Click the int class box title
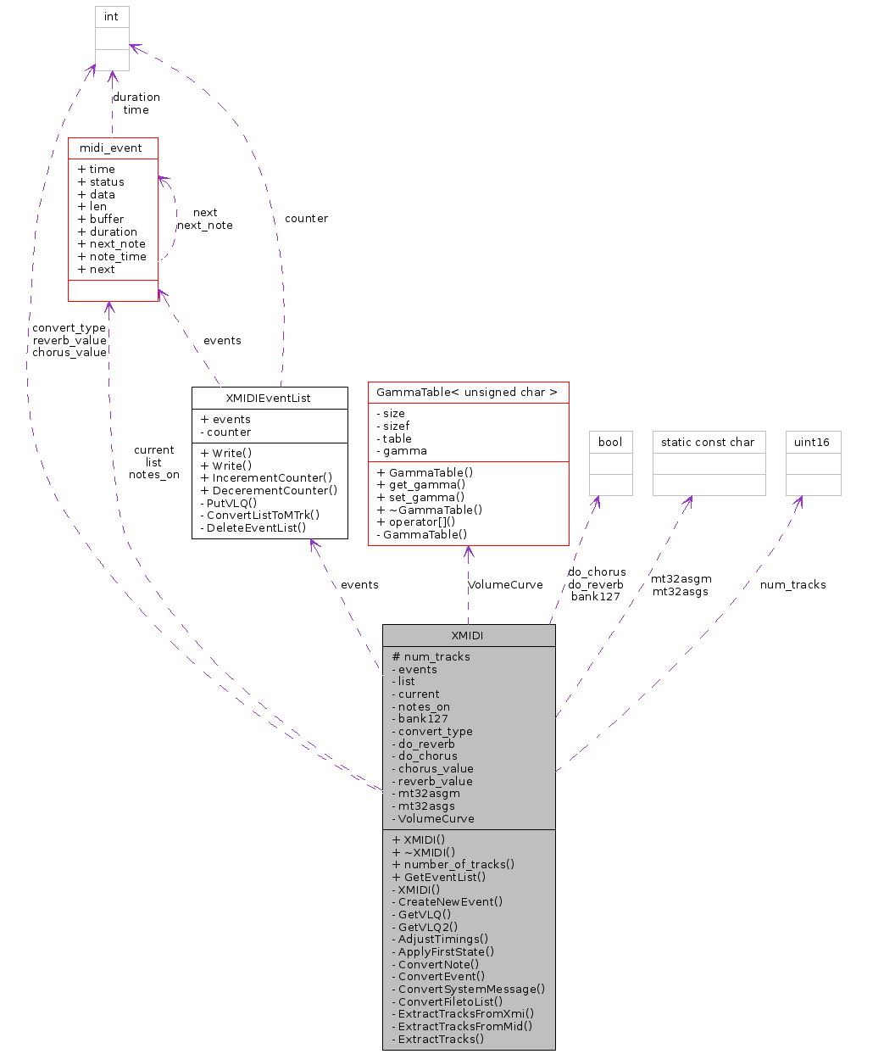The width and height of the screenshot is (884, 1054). (x=112, y=17)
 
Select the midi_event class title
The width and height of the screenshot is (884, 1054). (x=111, y=148)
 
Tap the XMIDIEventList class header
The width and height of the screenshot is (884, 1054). (x=269, y=398)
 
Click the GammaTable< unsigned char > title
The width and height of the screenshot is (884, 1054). (x=467, y=393)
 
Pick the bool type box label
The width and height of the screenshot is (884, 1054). (x=610, y=442)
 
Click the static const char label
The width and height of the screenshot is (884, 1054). (x=708, y=442)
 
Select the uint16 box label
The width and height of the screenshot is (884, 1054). (x=812, y=442)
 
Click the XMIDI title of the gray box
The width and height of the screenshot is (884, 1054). (x=468, y=635)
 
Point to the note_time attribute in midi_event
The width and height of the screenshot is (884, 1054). (x=117, y=257)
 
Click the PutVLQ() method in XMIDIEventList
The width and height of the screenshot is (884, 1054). (x=231, y=503)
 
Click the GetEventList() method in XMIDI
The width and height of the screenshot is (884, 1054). (x=444, y=877)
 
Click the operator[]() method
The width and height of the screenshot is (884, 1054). (x=421, y=522)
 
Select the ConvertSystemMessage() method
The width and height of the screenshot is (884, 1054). (x=471, y=989)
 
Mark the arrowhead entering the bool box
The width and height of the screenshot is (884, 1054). (x=598, y=501)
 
